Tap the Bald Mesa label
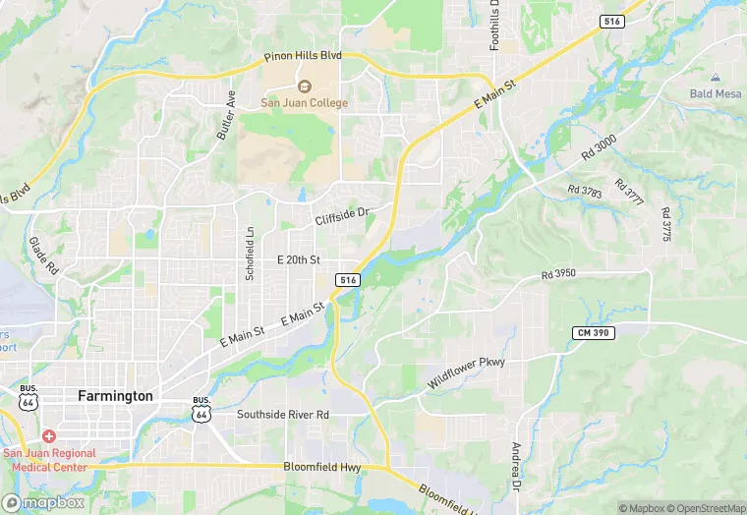[x=716, y=93]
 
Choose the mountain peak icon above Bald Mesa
[x=716, y=77]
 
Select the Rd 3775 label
[x=665, y=225]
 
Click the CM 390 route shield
[x=593, y=334]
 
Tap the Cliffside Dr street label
[x=341, y=215]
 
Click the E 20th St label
[x=299, y=259]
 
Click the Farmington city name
[x=115, y=396]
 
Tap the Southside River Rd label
[x=282, y=415]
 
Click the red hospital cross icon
[x=49, y=436]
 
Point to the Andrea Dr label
[x=515, y=467]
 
